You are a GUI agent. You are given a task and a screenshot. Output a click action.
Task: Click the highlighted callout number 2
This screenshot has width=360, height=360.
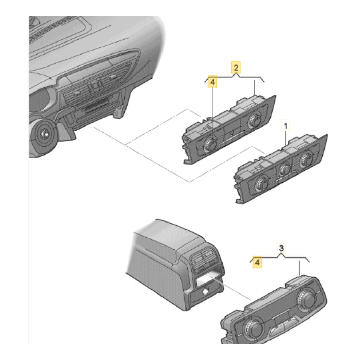[236, 68]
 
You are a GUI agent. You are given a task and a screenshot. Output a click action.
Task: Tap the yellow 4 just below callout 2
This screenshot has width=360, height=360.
[212, 82]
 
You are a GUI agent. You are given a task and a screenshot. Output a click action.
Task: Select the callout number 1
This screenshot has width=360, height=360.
[285, 125]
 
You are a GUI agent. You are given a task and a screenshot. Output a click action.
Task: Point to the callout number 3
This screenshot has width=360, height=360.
[281, 248]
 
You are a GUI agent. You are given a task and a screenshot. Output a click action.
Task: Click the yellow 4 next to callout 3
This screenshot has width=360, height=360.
[257, 262]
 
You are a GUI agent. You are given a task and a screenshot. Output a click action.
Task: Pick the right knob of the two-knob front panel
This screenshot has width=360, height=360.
[254, 120]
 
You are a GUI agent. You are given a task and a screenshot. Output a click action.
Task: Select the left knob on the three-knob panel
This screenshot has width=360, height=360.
[262, 183]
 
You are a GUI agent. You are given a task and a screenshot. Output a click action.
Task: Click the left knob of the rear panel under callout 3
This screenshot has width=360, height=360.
[253, 329]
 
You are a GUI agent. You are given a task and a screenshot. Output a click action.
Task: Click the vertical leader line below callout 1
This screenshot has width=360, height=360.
[286, 138]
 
